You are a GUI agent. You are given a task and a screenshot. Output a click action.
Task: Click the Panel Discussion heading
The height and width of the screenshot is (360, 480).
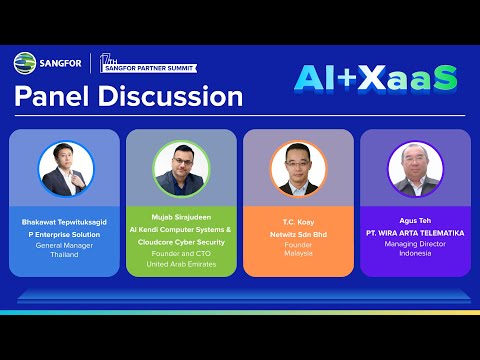128,97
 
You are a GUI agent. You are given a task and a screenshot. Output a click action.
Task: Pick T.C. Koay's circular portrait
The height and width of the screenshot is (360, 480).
297,168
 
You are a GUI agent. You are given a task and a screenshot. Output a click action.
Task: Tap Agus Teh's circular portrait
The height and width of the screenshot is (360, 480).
414,168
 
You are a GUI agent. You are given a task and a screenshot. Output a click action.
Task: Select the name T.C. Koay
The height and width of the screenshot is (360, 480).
297,221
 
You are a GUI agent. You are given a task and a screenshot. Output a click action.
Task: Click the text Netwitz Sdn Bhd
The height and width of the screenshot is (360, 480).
297,232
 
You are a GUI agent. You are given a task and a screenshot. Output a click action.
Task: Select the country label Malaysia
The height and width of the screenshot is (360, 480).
297,253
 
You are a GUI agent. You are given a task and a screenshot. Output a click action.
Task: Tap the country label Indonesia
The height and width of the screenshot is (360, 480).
414,253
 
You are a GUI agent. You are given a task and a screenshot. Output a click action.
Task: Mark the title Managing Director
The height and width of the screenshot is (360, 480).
414,243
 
